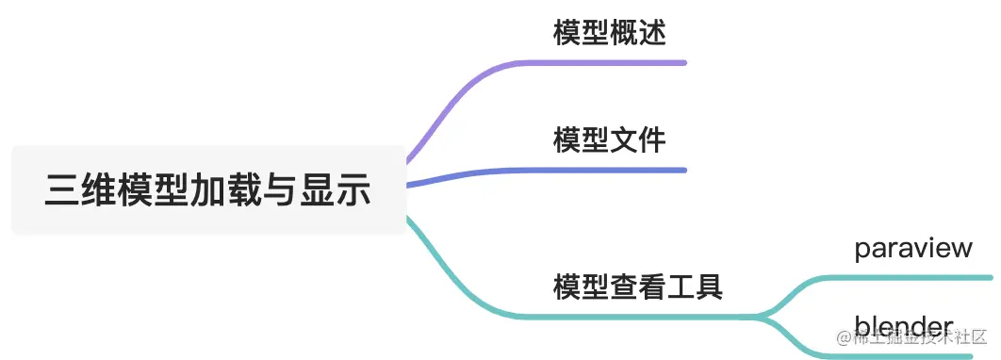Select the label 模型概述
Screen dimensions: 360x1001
point(609,34)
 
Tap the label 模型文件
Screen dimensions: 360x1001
point(609,141)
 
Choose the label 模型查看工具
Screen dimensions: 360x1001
point(637,286)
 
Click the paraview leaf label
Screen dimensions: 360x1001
point(912,248)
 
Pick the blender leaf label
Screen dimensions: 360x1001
point(903,327)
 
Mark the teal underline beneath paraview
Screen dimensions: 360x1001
point(905,277)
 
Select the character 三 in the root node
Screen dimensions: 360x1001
point(61,190)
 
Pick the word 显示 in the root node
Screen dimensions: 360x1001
point(336,190)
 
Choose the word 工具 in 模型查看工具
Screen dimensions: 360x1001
point(694,286)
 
